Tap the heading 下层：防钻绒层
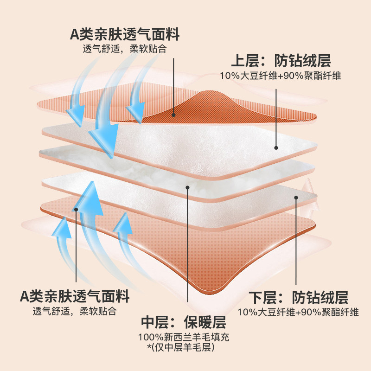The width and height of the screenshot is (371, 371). tap(298, 297)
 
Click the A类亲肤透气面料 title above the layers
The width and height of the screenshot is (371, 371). tap(124, 34)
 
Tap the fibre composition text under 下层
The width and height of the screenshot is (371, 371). tap(298, 312)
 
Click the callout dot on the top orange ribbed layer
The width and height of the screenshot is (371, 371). tap(173, 115)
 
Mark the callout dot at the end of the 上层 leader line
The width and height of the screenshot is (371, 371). tap(276, 148)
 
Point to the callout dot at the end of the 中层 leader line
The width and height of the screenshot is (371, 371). tap(187, 188)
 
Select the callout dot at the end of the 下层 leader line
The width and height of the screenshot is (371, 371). tap(295, 198)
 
